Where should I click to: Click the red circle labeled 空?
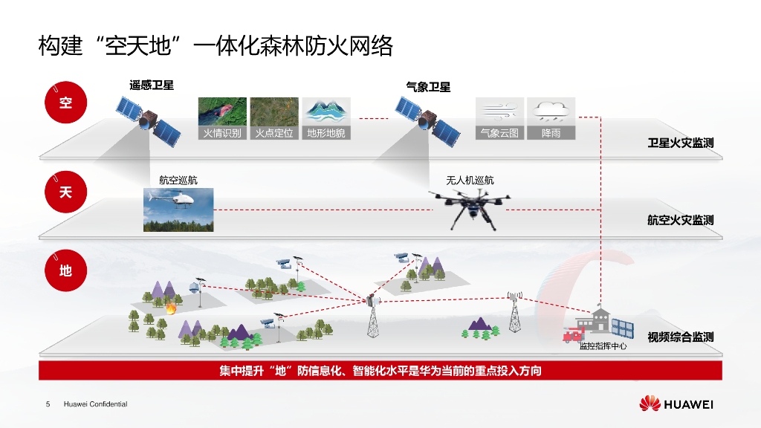point(66,103)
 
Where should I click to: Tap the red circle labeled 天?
point(66,192)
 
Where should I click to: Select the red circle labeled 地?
point(66,270)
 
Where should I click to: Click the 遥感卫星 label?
point(152,85)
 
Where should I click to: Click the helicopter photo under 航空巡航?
point(178,210)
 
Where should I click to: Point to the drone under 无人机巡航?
point(470,207)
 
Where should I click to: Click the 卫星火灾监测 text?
point(681,143)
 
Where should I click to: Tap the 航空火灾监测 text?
point(681,220)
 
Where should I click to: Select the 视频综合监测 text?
point(681,337)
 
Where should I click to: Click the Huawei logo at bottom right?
point(676,404)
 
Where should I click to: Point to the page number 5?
point(48,404)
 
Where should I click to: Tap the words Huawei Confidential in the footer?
point(96,404)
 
